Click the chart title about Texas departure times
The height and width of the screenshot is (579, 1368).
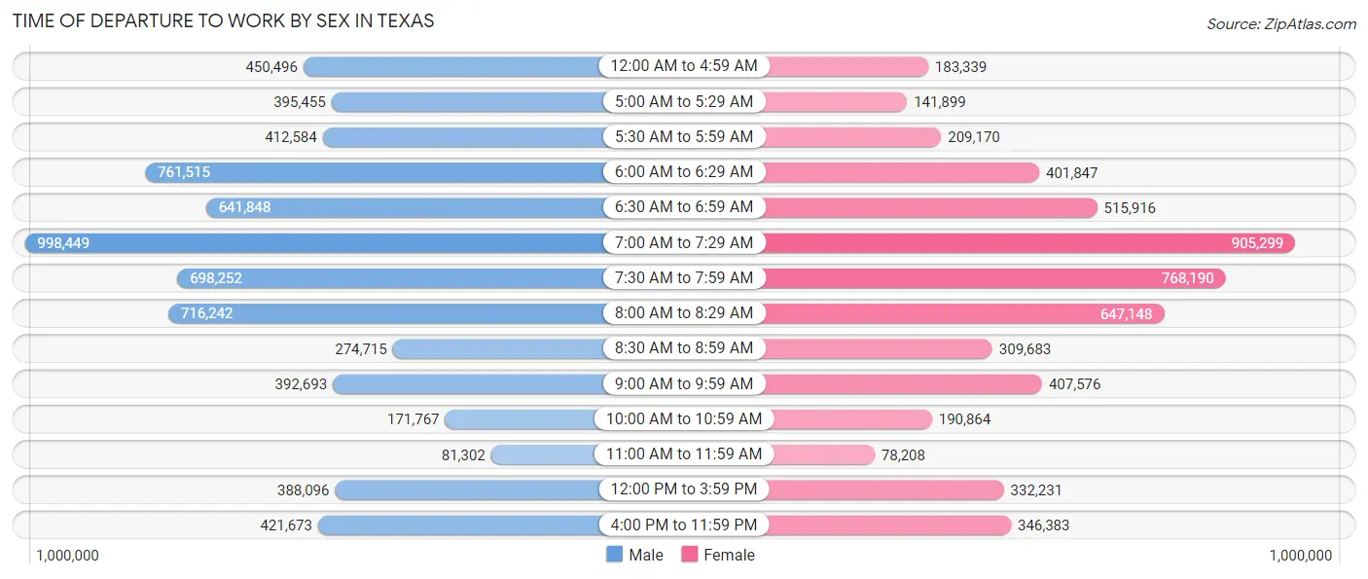pyautogui.click(x=224, y=20)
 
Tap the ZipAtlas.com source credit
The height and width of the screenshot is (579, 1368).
pyautogui.click(x=1280, y=23)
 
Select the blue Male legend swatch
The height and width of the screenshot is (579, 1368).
pyautogui.click(x=614, y=555)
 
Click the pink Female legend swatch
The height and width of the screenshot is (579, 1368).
pyautogui.click(x=690, y=555)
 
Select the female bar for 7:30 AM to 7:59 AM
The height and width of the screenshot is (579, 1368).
pyautogui.click(x=992, y=278)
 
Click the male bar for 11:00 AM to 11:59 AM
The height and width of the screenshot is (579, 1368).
pyautogui.click(x=545, y=454)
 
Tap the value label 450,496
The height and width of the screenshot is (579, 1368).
pyautogui.click(x=271, y=67)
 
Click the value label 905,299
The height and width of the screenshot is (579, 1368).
pyautogui.click(x=1257, y=243)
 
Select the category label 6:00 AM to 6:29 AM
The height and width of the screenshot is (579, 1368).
pyautogui.click(x=683, y=172)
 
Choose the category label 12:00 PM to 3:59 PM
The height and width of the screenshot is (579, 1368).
pyautogui.click(x=683, y=489)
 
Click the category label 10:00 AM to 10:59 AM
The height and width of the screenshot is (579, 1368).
pyautogui.click(x=683, y=419)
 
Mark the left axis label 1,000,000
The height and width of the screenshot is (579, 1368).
pyautogui.click(x=67, y=555)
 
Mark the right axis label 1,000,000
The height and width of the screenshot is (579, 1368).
pyautogui.click(x=1301, y=555)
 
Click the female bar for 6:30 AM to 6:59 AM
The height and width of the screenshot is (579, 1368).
pyautogui.click(x=929, y=207)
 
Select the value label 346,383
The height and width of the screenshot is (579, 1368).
pyautogui.click(x=1043, y=525)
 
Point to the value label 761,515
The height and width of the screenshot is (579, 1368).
pyautogui.click(x=184, y=172)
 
